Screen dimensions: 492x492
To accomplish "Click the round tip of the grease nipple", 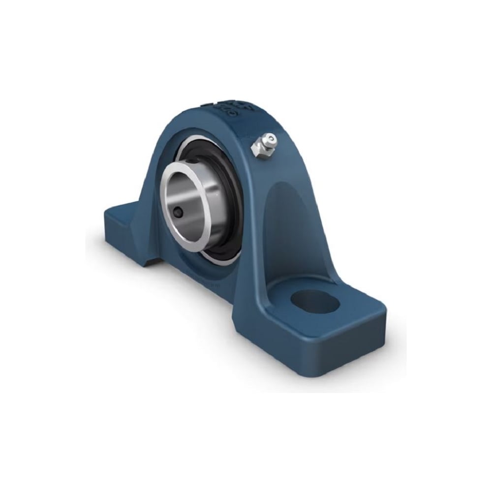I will (x=266, y=139).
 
